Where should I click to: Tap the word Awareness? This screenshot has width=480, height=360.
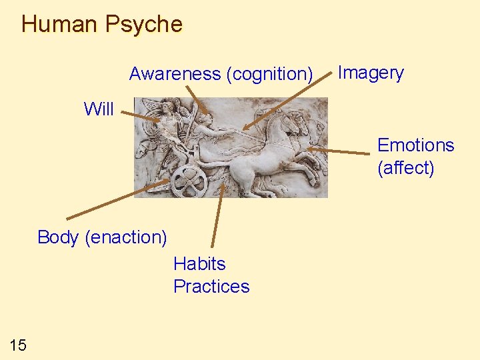pyautogui.click(x=175, y=73)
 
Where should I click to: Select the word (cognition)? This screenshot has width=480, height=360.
pyautogui.click(x=270, y=74)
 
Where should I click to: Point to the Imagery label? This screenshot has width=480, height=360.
pyautogui.click(x=371, y=73)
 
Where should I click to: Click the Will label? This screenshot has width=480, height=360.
pyautogui.click(x=99, y=109)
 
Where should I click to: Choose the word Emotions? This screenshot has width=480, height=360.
pyautogui.click(x=415, y=145)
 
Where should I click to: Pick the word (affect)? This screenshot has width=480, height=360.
pyautogui.click(x=405, y=168)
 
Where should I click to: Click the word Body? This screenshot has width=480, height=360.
pyautogui.click(x=59, y=237)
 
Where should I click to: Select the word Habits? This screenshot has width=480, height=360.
pyautogui.click(x=199, y=264)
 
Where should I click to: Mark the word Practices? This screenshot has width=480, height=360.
pyautogui.click(x=211, y=287)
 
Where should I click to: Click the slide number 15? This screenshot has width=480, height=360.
pyautogui.click(x=18, y=345)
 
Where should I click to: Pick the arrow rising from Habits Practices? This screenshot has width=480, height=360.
pyautogui.click(x=217, y=213)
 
